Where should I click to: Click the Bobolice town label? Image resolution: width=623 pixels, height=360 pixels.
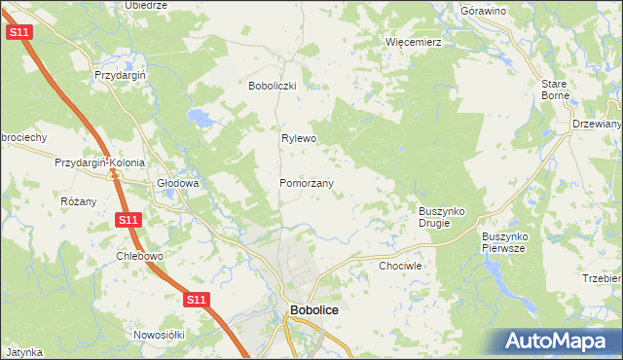[x=314, y=311]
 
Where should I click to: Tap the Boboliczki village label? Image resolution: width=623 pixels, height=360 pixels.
[x=277, y=86]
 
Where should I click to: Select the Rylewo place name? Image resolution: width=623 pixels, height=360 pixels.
[x=299, y=139]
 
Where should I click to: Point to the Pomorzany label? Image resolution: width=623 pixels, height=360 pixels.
[x=307, y=183]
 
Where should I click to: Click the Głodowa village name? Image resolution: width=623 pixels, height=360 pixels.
[x=178, y=183]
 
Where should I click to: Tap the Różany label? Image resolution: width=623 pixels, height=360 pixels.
[x=79, y=201]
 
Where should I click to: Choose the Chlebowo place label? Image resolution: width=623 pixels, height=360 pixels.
[x=138, y=257]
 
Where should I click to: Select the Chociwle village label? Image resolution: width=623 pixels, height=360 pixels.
[x=399, y=265]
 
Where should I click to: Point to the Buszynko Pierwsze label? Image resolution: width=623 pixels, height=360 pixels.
[x=503, y=242]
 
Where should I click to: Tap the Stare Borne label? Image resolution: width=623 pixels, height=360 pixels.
[x=555, y=90]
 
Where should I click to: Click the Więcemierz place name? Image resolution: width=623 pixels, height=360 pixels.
[x=414, y=43]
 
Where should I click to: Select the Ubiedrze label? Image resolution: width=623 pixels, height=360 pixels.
[x=147, y=5]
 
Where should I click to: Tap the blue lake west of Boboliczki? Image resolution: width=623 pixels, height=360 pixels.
[x=202, y=119]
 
